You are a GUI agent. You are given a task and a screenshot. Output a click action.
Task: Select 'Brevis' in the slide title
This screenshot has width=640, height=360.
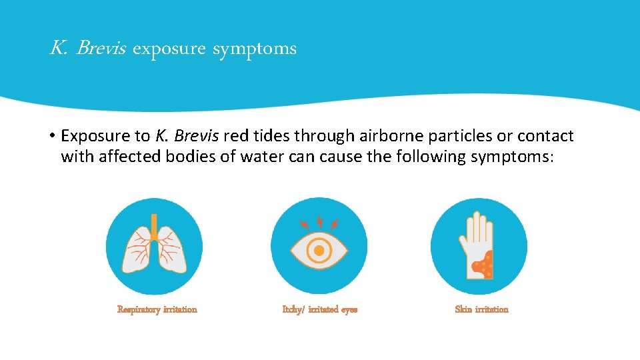[x=101, y=48]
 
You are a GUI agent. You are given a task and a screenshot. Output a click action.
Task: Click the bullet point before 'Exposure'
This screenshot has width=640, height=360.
[x=51, y=136]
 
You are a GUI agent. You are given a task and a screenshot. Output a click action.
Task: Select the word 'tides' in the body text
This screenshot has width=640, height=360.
[x=271, y=136]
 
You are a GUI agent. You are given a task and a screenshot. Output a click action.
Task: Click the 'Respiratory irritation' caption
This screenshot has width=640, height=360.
[x=157, y=309]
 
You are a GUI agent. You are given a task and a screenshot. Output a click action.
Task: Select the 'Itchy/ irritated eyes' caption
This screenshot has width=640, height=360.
[x=320, y=309]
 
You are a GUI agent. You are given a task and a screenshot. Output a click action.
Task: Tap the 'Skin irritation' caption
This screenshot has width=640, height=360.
[x=481, y=309]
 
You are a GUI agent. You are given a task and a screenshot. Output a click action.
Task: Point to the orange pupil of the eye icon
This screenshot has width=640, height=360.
[x=319, y=250]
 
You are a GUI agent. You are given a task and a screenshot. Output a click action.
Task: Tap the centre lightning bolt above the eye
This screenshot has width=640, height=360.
[x=319, y=221]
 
